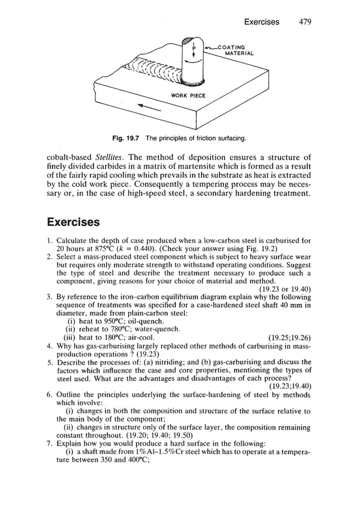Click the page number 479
pyautogui.click(x=305, y=22)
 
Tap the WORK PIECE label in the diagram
pyautogui.click(x=188, y=95)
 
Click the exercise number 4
pyautogui.click(x=50, y=346)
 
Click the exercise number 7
pyautogui.click(x=50, y=443)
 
